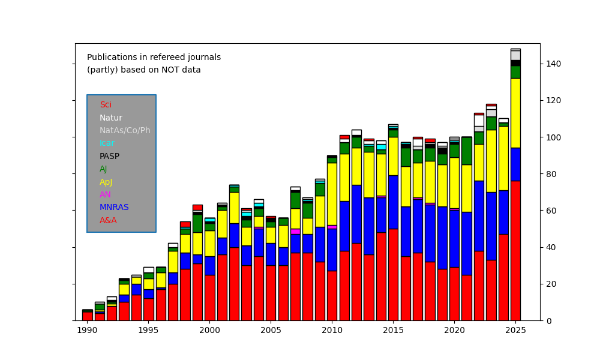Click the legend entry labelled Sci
pos(106,105)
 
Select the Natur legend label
pos(111,118)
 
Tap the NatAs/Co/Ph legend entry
pos(125,131)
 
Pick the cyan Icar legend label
pos(107,143)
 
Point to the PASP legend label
pos(109,157)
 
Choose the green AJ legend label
pos(103,169)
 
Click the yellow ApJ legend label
pos(106,182)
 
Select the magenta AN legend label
pos(105,195)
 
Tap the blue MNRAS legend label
pos(114,208)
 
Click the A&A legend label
pos(108,221)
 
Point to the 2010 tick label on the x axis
pos(332,330)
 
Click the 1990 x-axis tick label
pos(88,330)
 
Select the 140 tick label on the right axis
pos(554,64)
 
